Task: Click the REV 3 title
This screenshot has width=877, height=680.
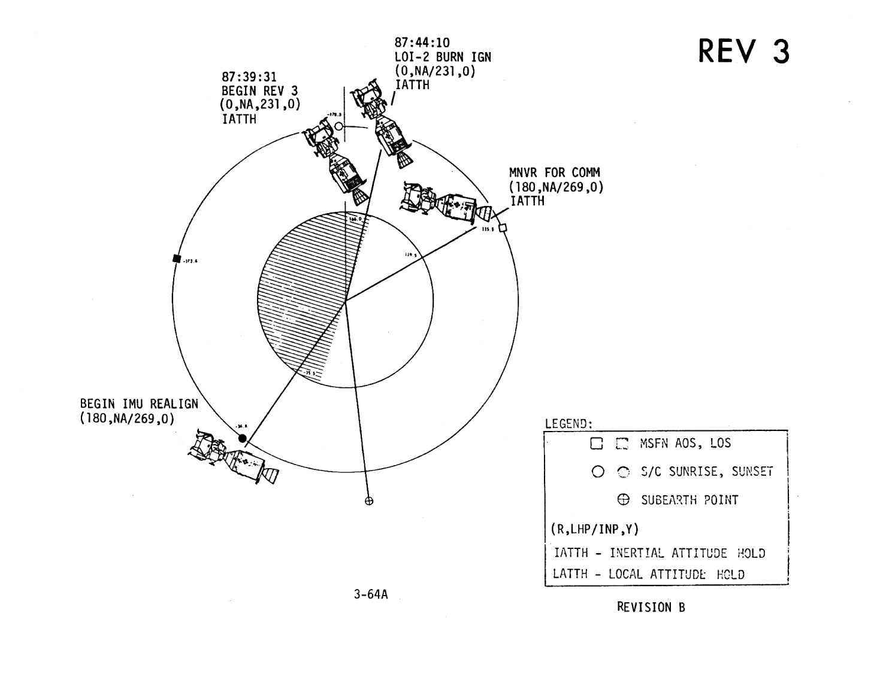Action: [x=743, y=51]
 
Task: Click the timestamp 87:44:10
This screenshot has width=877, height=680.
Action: [x=422, y=42]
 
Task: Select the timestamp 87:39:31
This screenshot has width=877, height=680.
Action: [x=249, y=77]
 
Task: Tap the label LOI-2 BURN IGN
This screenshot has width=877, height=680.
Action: [x=442, y=57]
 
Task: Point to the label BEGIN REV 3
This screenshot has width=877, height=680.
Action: [x=259, y=91]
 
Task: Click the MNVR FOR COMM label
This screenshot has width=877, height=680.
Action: [x=554, y=172]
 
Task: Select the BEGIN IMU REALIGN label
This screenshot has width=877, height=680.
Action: [x=139, y=403]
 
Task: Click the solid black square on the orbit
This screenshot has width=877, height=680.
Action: [x=176, y=259]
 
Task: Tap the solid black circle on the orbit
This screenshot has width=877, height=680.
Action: [x=243, y=439]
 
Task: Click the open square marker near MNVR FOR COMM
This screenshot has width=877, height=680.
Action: [x=503, y=227]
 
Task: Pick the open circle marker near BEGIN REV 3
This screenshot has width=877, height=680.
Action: [x=338, y=126]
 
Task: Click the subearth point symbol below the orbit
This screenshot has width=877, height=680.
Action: [x=369, y=501]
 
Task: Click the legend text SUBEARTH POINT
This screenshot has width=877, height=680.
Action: [x=689, y=500]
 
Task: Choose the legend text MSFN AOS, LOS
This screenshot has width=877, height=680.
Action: [x=681, y=444]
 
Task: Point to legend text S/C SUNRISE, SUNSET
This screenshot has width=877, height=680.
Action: [x=706, y=472]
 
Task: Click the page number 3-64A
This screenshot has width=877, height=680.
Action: [x=370, y=594]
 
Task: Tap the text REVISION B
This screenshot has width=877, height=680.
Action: [x=651, y=607]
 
